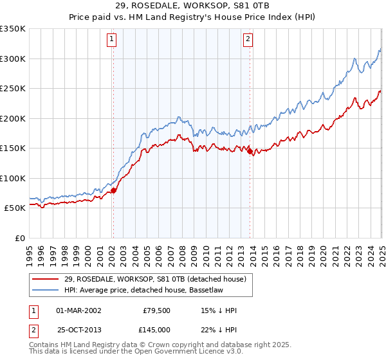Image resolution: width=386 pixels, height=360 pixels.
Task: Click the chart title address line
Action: coord(192,6)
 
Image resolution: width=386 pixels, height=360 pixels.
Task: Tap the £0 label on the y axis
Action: coord(20,238)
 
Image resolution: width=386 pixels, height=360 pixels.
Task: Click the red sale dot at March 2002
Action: coord(113,190)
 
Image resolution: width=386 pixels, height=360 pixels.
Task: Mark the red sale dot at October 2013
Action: coord(250,152)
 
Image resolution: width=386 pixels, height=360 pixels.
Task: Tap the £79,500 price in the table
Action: coord(158,310)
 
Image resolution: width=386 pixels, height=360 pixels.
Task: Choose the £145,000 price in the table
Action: coord(158,329)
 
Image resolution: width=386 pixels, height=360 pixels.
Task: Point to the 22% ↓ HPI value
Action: coord(219,329)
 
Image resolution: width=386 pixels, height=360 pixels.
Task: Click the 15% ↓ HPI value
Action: coord(219,310)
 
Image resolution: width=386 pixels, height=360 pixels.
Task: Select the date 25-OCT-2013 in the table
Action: coord(78,329)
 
